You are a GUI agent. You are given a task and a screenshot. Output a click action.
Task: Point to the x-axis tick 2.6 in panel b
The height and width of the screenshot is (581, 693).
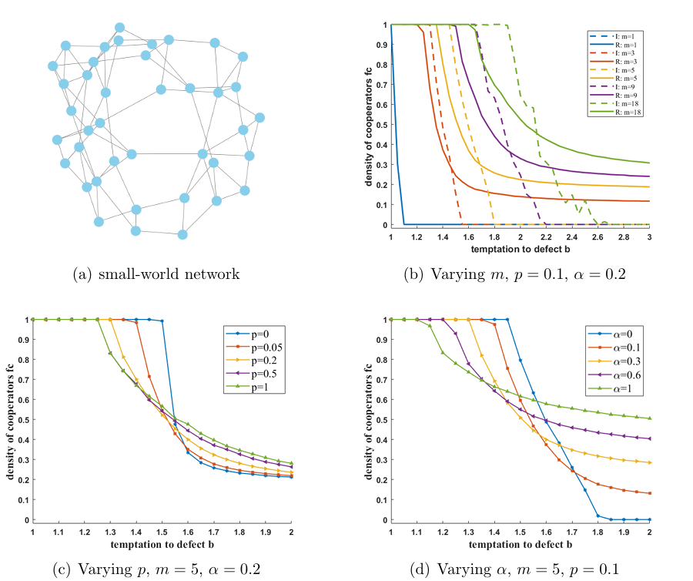pos(598,237)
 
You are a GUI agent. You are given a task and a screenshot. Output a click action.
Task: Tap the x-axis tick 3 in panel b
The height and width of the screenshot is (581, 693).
pos(649,237)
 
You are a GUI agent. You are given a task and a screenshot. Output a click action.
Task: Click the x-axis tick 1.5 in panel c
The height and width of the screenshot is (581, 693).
pos(162,532)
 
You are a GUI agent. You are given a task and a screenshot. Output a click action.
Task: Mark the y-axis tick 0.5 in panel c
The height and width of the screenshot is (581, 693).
pos(25,420)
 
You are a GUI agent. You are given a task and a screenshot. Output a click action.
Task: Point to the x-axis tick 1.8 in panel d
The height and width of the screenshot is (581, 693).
pos(598,532)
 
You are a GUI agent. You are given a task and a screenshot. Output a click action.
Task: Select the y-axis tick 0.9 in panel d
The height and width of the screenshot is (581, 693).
pos(383,339)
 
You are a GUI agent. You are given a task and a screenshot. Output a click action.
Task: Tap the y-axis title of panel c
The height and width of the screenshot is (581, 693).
pos(12,420)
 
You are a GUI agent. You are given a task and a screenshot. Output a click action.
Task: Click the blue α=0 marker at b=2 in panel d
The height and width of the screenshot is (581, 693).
pos(649,519)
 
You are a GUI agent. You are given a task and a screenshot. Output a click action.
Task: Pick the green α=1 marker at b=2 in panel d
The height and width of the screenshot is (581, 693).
pos(649,418)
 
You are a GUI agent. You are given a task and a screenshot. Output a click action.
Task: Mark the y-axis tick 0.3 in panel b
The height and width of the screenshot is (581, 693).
pos(383,164)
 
